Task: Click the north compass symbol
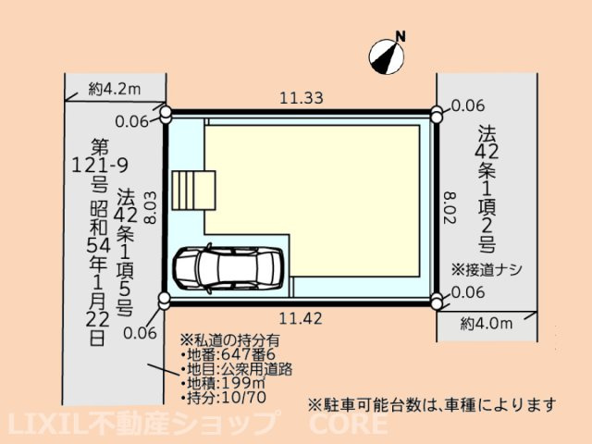click(x=387, y=56)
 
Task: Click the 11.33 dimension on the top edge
click(x=302, y=98)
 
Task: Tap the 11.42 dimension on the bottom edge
click(x=301, y=319)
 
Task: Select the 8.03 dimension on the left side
click(x=150, y=207)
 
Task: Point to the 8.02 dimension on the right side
click(x=450, y=208)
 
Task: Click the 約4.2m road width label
click(x=115, y=89)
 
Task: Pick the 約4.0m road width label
click(x=487, y=324)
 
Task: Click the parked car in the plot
click(x=228, y=268)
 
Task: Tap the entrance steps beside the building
click(x=193, y=191)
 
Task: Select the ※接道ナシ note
click(x=487, y=270)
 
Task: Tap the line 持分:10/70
click(x=223, y=397)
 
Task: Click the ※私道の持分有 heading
click(x=230, y=340)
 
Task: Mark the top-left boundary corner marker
click(x=166, y=114)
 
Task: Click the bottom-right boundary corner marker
click(x=437, y=301)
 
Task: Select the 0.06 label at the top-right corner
click(x=468, y=105)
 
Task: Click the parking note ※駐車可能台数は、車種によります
click(x=432, y=405)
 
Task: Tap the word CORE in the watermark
click(x=348, y=424)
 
